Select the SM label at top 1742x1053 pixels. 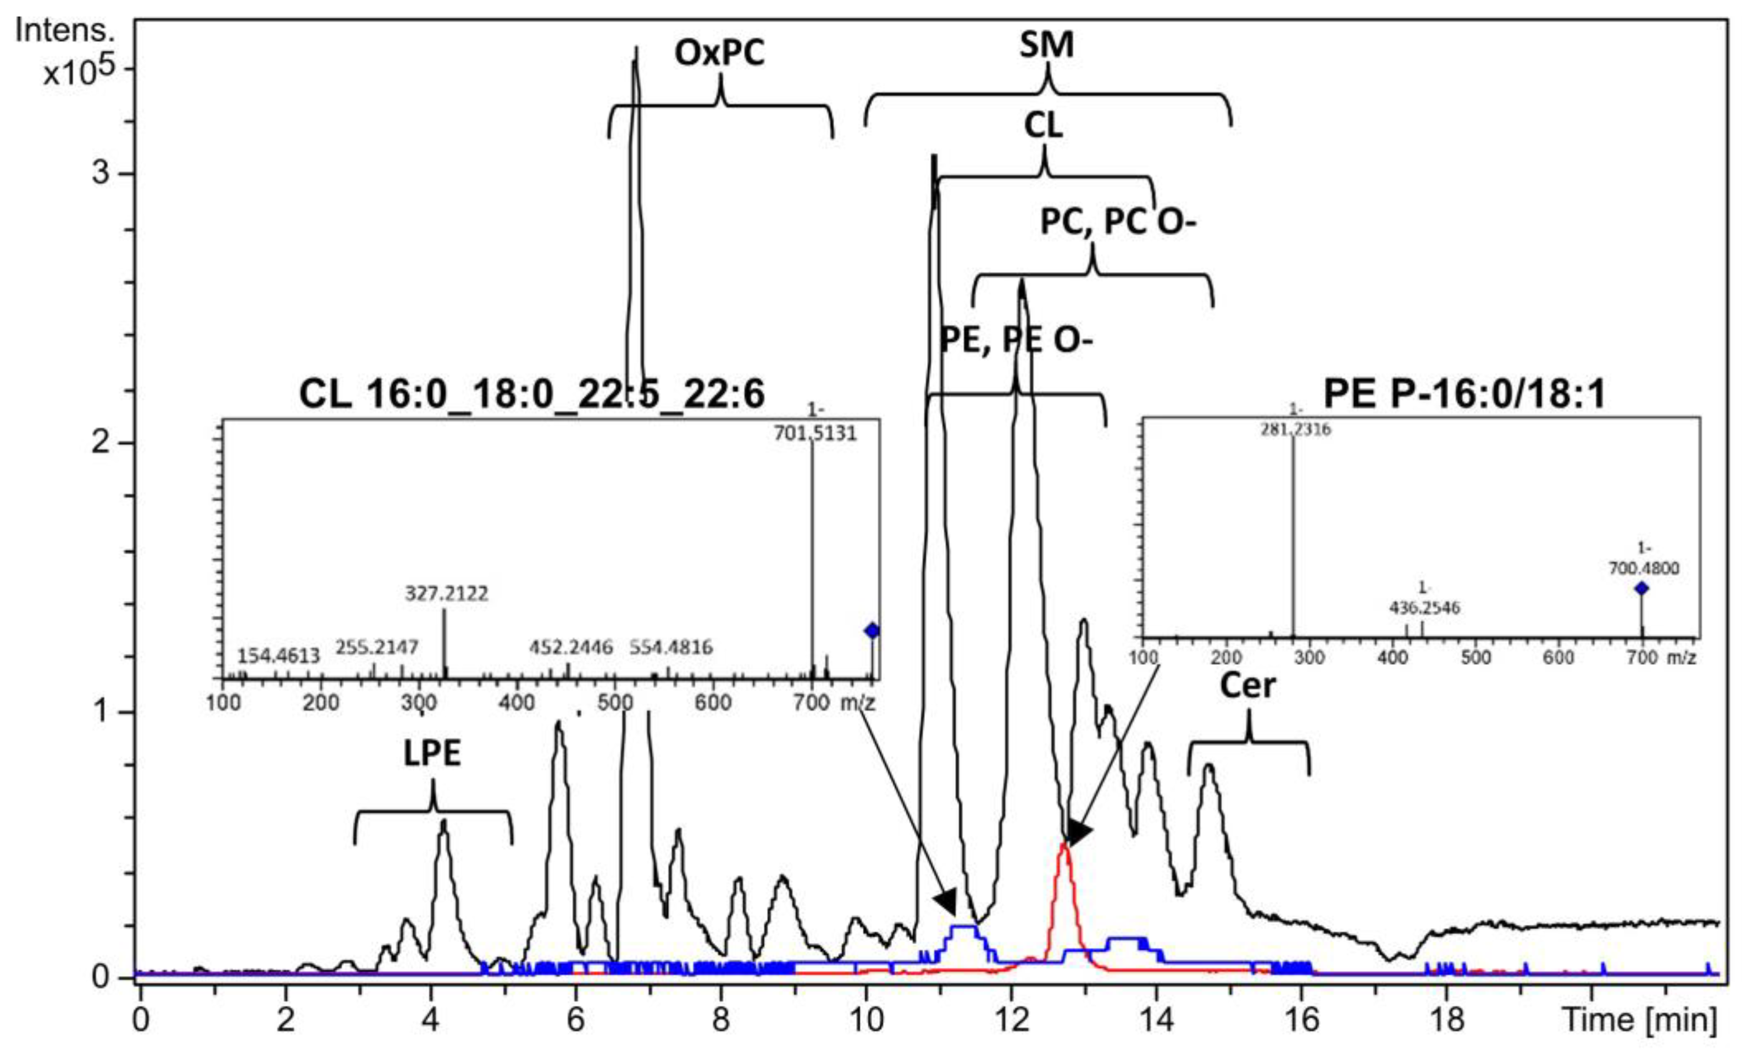pyautogui.click(x=1046, y=45)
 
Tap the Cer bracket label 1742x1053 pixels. pyautogui.click(x=1248, y=686)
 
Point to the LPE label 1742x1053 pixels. pyautogui.click(x=432, y=754)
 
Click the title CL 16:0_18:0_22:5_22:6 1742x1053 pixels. pyautogui.click(x=531, y=394)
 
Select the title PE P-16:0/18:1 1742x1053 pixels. pyautogui.click(x=1464, y=394)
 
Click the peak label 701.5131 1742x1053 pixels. pyautogui.click(x=814, y=433)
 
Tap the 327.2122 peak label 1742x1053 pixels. pyautogui.click(x=446, y=593)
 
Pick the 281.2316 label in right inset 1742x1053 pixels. pyautogui.click(x=1295, y=429)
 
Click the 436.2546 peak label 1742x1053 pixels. pyautogui.click(x=1424, y=608)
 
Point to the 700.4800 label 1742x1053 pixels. pyautogui.click(x=1644, y=568)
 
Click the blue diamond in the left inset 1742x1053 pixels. pyautogui.click(x=872, y=631)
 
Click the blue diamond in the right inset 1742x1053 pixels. pyautogui.click(x=1641, y=588)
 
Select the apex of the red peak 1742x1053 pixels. pyautogui.click(x=1064, y=846)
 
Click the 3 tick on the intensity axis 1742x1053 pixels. pyautogui.click(x=101, y=173)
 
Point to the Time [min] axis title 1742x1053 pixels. pyautogui.click(x=1639, y=1019)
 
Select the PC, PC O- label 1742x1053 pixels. pyautogui.click(x=1118, y=222)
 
